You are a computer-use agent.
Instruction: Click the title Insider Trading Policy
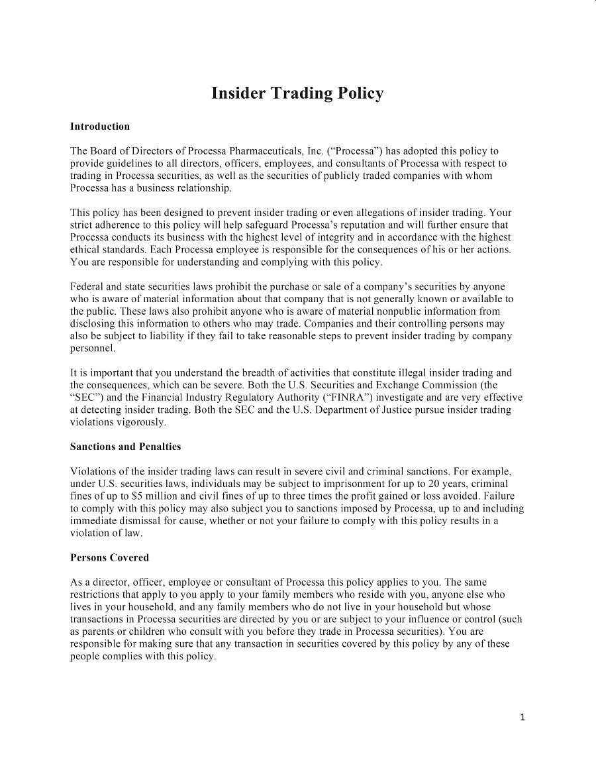coord(297,93)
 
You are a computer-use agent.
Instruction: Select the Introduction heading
coord(100,127)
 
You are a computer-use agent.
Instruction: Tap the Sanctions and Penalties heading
coord(125,447)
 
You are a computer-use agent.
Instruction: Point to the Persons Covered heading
coord(109,557)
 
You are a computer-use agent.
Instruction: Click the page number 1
coord(522,717)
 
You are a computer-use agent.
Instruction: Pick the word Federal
coord(87,287)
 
